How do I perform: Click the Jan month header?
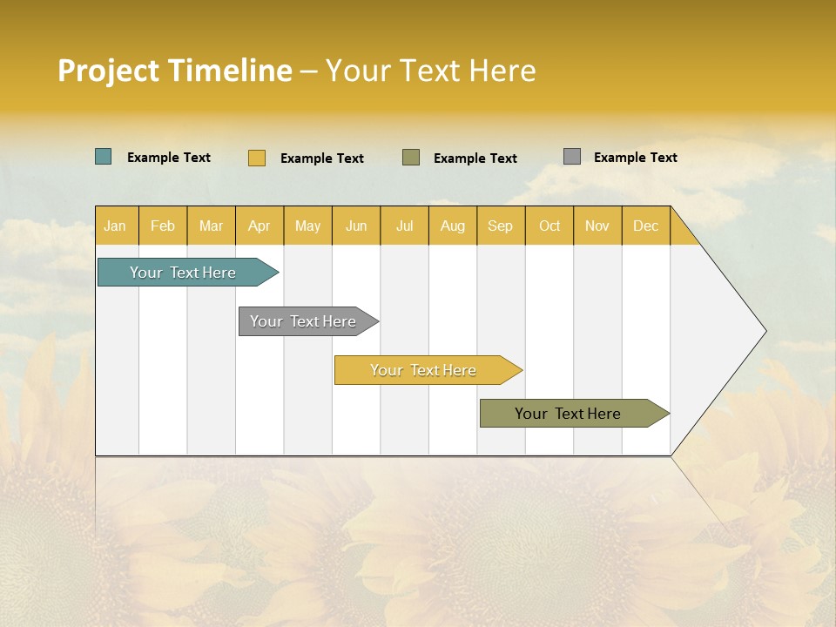[x=116, y=226]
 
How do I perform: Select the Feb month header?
[x=163, y=226]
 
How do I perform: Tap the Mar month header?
[x=211, y=226]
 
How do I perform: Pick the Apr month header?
[x=260, y=226]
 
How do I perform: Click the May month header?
[x=307, y=226]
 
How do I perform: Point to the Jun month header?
[x=356, y=226]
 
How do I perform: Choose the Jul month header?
[x=404, y=226]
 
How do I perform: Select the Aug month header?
[x=453, y=226]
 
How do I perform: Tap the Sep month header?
[x=501, y=226]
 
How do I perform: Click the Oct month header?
[x=549, y=226]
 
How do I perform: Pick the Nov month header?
[x=597, y=226]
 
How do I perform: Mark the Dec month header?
[x=646, y=226]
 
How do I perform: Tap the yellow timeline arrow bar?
[x=424, y=370]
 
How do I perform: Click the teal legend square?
[x=104, y=157]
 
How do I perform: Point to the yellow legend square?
[x=257, y=158]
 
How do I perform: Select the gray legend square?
[x=572, y=157]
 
